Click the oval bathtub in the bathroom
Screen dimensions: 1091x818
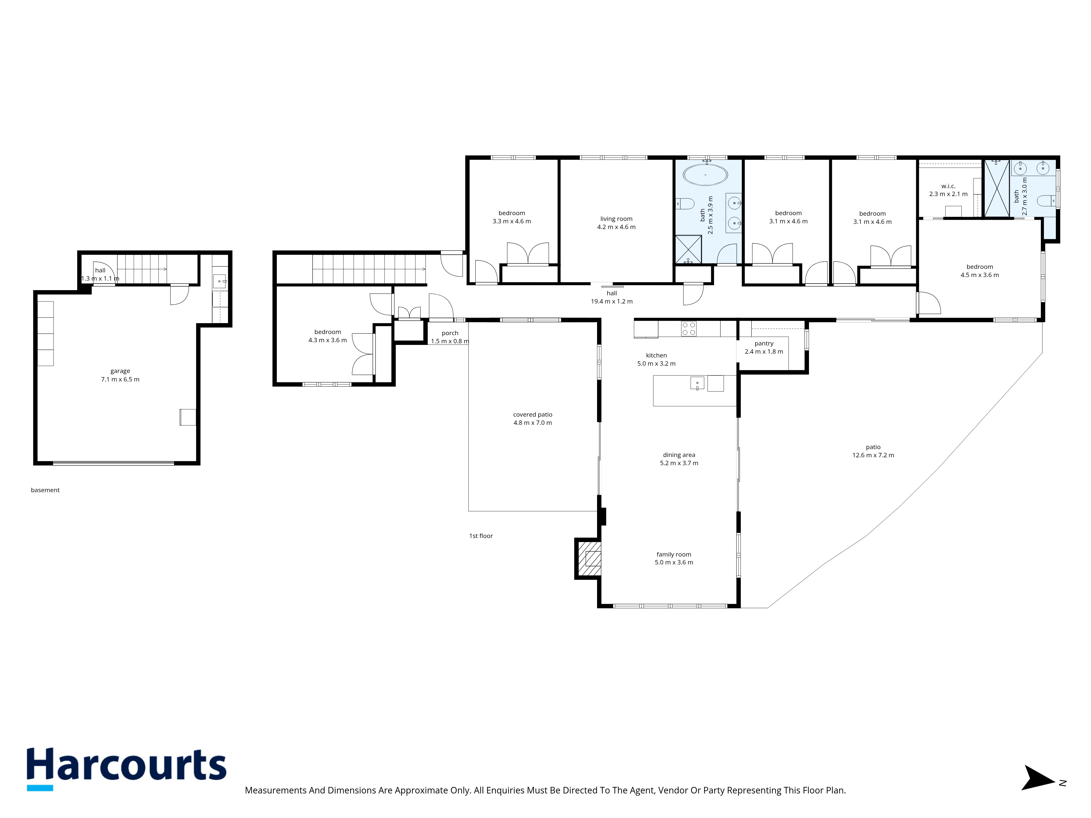click(705, 175)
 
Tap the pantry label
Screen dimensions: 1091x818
click(764, 344)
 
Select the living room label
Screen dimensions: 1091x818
click(616, 219)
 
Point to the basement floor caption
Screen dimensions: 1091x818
click(45, 490)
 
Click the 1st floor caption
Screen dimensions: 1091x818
click(481, 536)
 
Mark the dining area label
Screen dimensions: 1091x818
click(679, 455)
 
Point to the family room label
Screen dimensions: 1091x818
click(674, 555)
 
